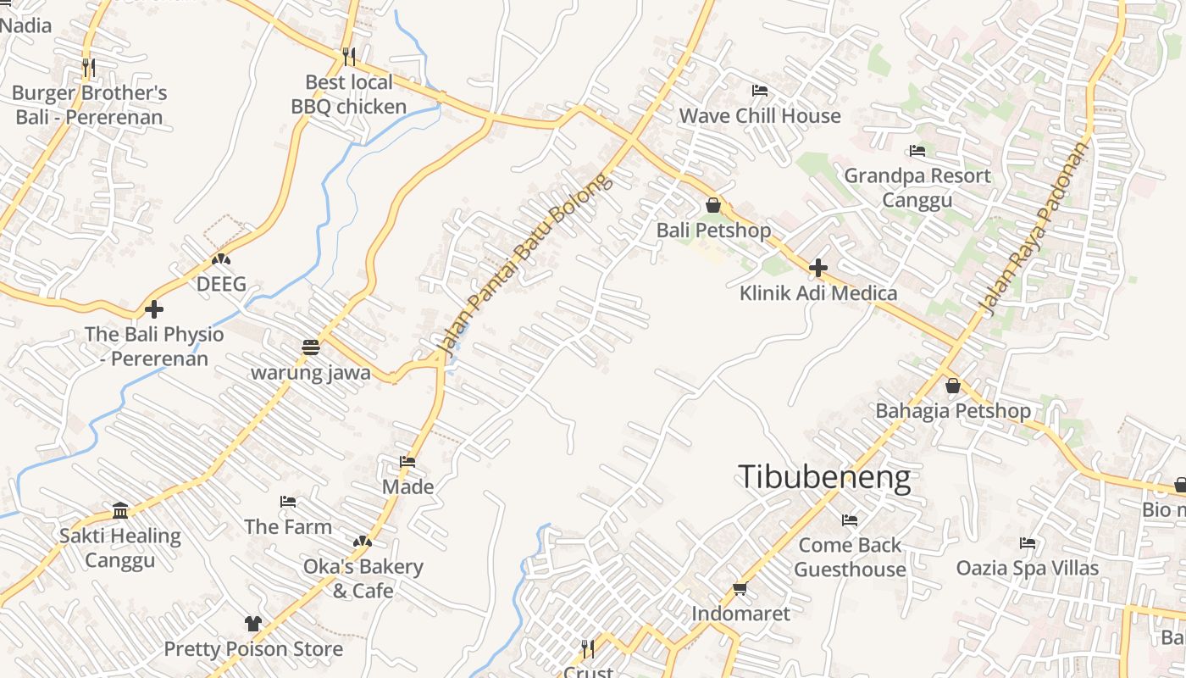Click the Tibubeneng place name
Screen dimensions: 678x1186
824,478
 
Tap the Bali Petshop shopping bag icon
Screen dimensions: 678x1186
713,205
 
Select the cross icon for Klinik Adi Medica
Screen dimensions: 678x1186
817,269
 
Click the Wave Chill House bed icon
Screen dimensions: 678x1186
760,91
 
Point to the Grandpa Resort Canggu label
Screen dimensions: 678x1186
917,188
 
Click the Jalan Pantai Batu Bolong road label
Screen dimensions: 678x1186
523,264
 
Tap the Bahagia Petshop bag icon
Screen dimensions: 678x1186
953,386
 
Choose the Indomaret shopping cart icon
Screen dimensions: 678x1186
740,588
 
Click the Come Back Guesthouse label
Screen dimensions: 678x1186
850,557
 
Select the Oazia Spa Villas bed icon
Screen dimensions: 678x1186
1028,542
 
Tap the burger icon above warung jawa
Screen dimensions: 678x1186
311,347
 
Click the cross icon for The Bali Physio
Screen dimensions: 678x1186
154,308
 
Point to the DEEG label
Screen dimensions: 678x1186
221,284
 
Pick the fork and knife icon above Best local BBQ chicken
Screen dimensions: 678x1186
349,57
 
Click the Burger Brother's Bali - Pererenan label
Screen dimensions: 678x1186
90,105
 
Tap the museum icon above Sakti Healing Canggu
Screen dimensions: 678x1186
120,510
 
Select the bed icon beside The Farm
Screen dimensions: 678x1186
288,502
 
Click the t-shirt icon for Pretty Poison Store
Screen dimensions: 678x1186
252,624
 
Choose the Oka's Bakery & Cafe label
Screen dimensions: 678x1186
363,578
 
